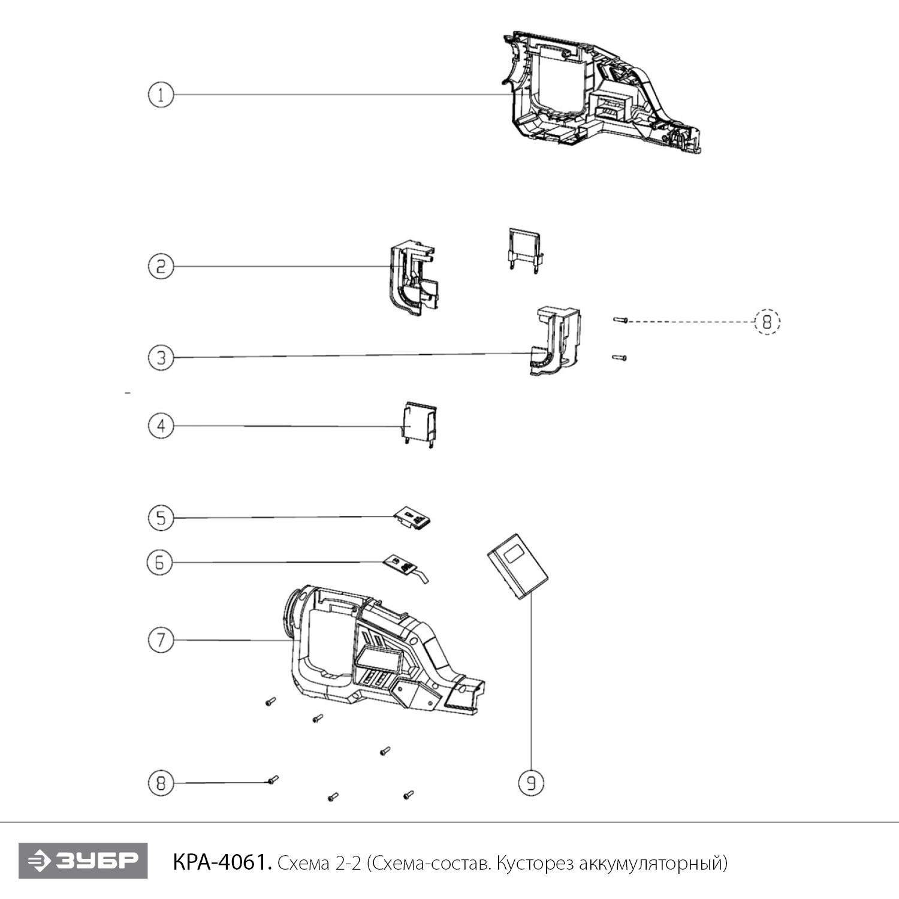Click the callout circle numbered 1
[x=161, y=95]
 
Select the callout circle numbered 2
[x=161, y=266]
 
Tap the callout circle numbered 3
[x=161, y=358]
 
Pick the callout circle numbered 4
[x=161, y=426]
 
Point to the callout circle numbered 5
[x=161, y=518]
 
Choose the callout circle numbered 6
[x=159, y=562]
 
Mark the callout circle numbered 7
[x=161, y=640]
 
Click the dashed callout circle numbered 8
[x=767, y=322]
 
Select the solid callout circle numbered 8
[x=161, y=783]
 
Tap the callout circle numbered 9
[x=531, y=783]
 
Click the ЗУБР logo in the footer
[x=83, y=861]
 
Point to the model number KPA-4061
[x=222, y=862]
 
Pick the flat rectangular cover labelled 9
[x=517, y=566]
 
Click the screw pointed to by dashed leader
[x=620, y=321]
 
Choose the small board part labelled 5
[x=412, y=517]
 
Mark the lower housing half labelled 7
[x=384, y=653]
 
